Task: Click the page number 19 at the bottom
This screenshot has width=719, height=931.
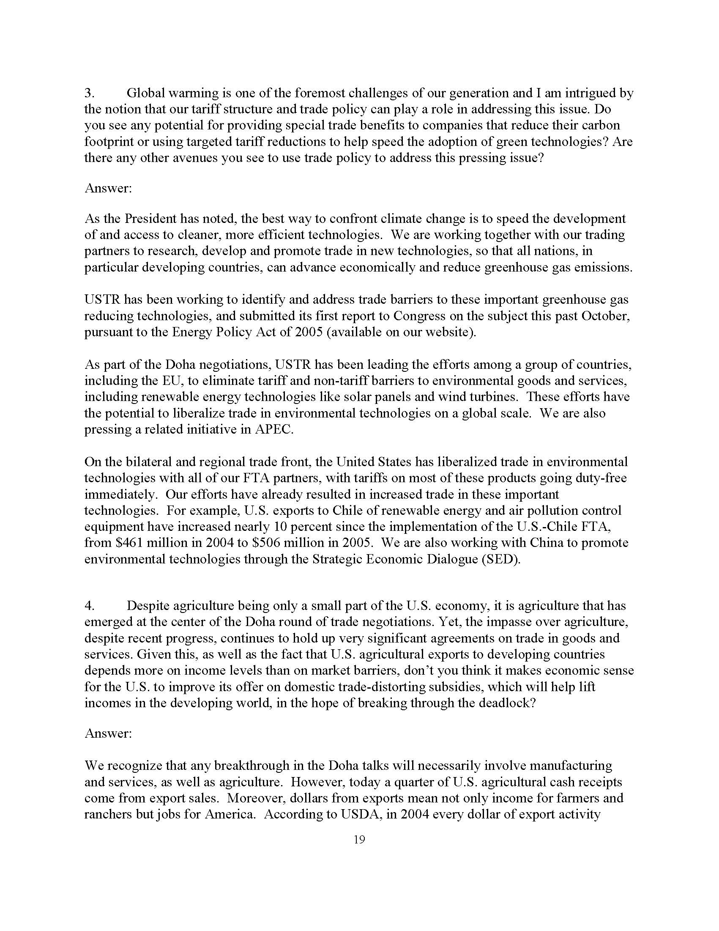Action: (359, 840)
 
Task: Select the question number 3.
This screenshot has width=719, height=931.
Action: (88, 93)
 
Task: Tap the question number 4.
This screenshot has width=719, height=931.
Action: (89, 606)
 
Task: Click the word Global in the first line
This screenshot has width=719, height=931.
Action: (145, 93)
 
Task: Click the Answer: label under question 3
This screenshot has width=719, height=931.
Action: (108, 188)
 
